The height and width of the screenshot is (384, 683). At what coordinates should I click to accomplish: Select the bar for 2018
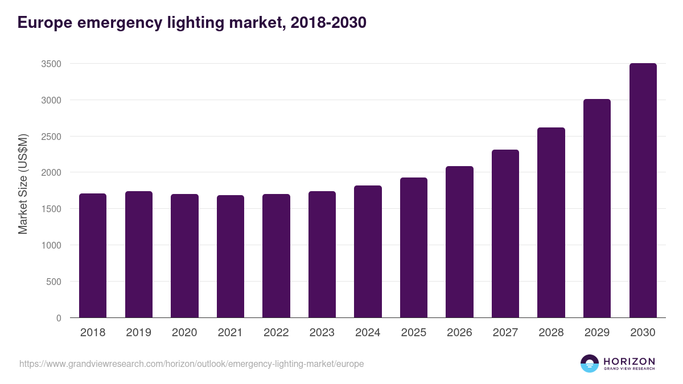coord(93,255)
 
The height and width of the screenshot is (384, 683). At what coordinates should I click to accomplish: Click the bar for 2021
coord(231,256)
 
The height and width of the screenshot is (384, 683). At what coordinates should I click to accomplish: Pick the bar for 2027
coord(505,233)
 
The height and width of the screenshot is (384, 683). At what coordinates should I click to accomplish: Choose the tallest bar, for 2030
coord(643,191)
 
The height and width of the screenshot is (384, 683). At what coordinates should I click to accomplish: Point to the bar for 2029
coord(597,208)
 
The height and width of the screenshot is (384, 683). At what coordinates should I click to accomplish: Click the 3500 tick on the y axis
coord(51,64)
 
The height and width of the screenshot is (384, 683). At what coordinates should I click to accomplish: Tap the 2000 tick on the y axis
coord(51,172)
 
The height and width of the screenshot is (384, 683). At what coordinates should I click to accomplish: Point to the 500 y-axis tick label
coord(54,282)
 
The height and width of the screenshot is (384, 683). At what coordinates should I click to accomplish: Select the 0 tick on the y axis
coord(59,318)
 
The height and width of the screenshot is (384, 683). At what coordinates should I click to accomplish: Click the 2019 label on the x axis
coord(139,333)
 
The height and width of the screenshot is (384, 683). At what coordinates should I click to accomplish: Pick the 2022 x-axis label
coord(276,333)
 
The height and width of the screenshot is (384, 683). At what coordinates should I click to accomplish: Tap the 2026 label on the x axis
coord(459,333)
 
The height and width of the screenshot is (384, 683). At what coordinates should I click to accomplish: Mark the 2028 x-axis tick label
coord(551,333)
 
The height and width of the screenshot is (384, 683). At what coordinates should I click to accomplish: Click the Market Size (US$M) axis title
coord(23,184)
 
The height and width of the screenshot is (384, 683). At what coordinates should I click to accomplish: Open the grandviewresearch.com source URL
coord(191,364)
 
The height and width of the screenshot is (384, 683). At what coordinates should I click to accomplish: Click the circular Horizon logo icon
coord(590,364)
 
